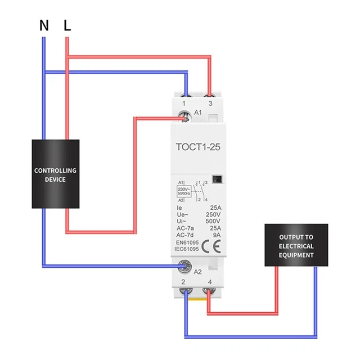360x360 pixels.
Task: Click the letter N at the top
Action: [x=44, y=25]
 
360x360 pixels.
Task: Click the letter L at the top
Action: [x=67, y=25]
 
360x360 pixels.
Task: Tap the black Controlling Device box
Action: [x=55, y=174]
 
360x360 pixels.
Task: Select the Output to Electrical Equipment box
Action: [x=296, y=246]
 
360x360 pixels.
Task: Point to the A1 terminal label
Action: [x=197, y=113]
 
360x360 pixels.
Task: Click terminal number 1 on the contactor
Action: [x=185, y=104]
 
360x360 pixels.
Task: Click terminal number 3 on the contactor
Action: [x=210, y=104]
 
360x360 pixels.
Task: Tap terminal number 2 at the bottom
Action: [x=184, y=281]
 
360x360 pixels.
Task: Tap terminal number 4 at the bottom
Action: [x=210, y=281]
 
